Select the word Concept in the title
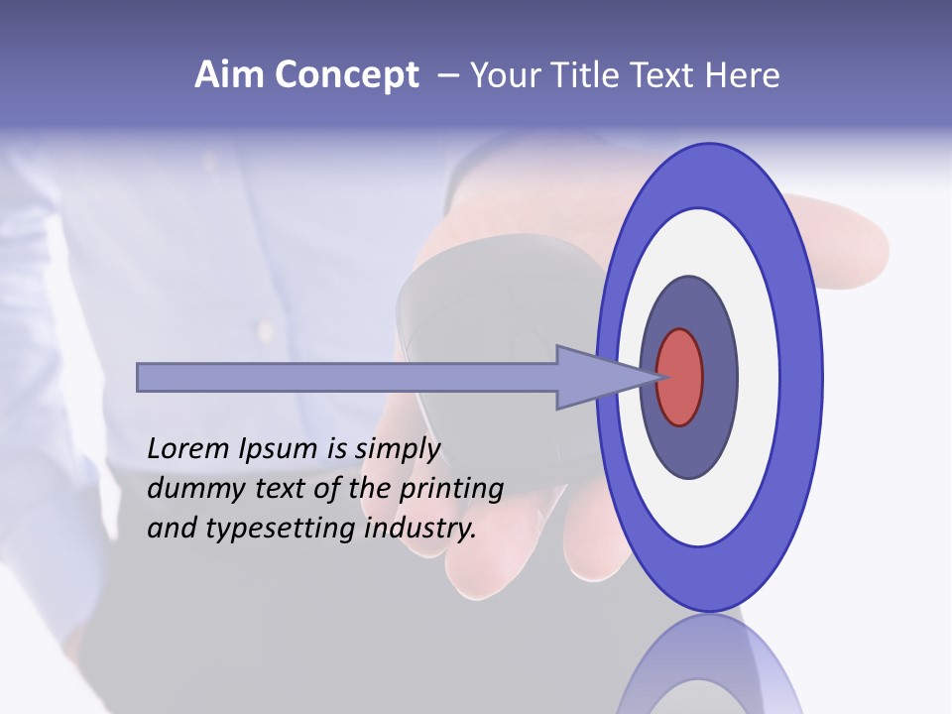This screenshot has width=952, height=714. coord(346,76)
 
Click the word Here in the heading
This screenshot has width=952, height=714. coord(743,75)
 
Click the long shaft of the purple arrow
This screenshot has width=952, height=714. coord(347,377)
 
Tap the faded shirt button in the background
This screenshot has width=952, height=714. coord(266,326)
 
